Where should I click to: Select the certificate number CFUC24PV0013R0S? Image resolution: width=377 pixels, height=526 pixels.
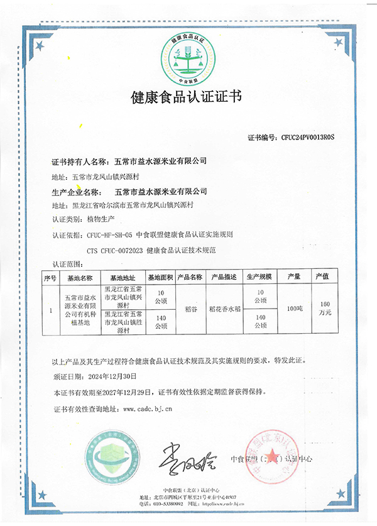[x=308, y=136]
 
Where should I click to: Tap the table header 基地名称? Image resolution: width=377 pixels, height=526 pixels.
[x=80, y=277]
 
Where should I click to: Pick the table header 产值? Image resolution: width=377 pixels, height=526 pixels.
[x=322, y=277]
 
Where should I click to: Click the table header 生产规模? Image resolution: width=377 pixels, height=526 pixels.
[x=258, y=277]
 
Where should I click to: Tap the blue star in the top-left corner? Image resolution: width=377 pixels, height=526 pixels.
[x=39, y=45]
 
